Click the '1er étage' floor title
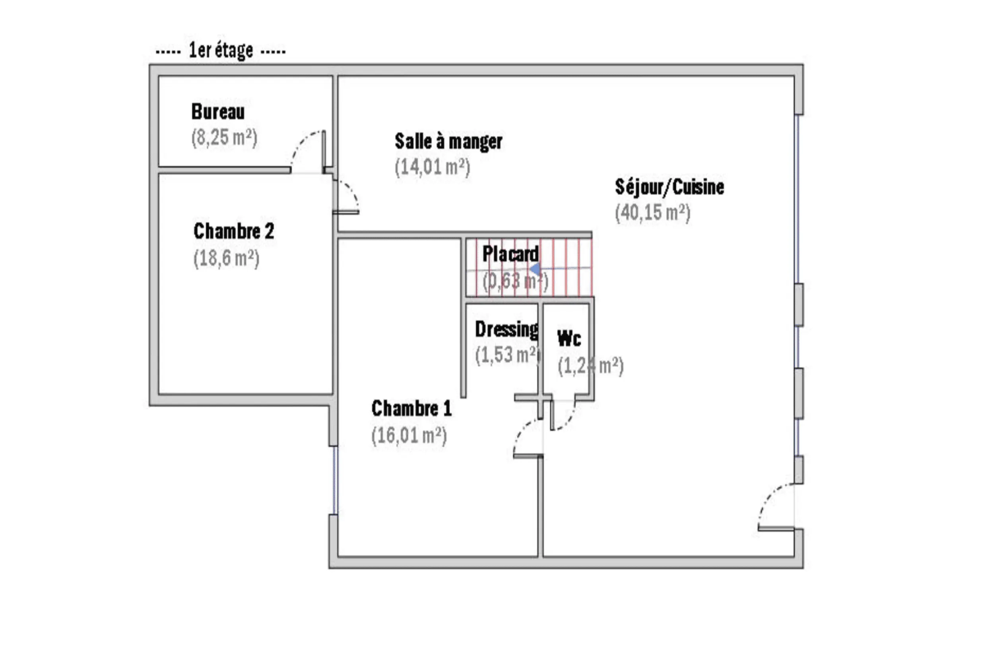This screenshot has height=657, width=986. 221,51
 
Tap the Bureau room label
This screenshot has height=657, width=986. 218,111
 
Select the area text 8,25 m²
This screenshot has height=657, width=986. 224,138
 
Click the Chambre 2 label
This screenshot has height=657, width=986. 234,231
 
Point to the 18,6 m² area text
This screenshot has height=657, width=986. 226,258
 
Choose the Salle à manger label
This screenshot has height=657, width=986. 448,141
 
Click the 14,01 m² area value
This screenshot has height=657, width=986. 433,168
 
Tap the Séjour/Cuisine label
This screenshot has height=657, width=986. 670,187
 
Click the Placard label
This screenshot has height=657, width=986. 510,254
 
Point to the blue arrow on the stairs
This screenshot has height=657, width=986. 535,269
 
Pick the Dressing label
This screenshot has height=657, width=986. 507,329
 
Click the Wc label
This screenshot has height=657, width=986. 569,339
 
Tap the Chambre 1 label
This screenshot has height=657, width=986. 411,409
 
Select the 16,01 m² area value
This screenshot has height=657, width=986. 409,435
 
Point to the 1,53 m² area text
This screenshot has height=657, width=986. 508,355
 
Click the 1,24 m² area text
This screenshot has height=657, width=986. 590,366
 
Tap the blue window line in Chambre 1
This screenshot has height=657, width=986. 335,480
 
